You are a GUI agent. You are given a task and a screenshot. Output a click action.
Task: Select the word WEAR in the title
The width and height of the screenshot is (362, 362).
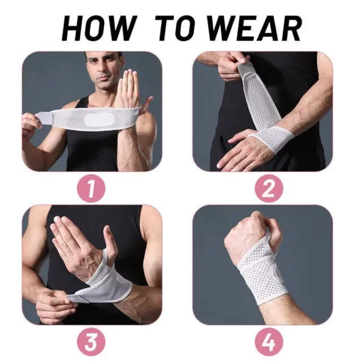(255, 28)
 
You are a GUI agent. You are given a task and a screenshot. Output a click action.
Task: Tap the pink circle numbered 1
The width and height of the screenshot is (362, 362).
(91, 188)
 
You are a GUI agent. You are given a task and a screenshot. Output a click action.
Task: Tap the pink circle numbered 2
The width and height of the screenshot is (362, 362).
(269, 188)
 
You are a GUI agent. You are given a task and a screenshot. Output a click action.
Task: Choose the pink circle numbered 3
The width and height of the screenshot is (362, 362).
(91, 342)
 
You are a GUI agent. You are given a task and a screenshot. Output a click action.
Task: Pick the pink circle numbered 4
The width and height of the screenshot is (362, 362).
(269, 342)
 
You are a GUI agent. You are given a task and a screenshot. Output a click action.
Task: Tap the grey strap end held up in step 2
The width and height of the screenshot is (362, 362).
(244, 69)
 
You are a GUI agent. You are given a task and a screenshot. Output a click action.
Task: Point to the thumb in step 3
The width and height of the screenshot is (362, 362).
(109, 240)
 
